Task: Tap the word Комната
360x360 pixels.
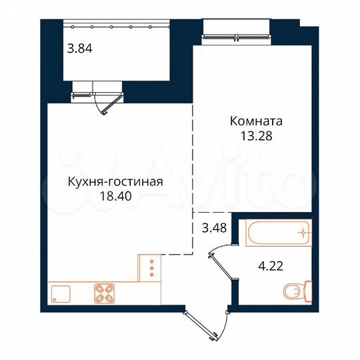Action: click(x=257, y=121)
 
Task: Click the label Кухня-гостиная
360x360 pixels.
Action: click(x=115, y=181)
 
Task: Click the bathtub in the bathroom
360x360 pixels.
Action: click(x=275, y=233)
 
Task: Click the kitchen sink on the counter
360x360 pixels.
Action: click(x=59, y=294)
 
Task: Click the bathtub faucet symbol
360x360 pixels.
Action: click(x=304, y=233)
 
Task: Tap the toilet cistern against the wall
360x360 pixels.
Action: click(x=308, y=291)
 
